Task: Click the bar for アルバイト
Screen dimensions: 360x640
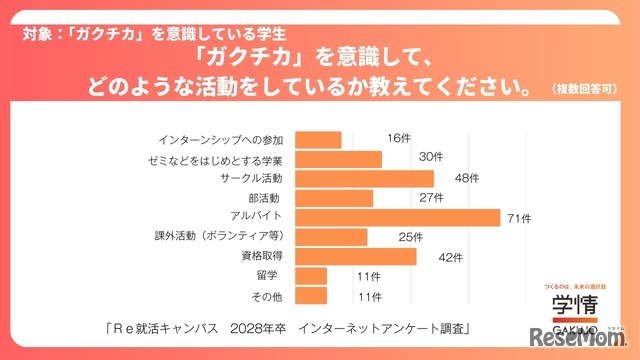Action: tap(398, 217)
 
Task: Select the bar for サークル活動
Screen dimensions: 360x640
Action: tap(365, 178)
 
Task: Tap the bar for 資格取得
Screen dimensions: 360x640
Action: tap(356, 256)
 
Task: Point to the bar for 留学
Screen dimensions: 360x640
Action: tap(312, 275)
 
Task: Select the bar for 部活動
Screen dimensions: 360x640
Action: tap(335, 198)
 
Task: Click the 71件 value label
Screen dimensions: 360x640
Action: tap(521, 218)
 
